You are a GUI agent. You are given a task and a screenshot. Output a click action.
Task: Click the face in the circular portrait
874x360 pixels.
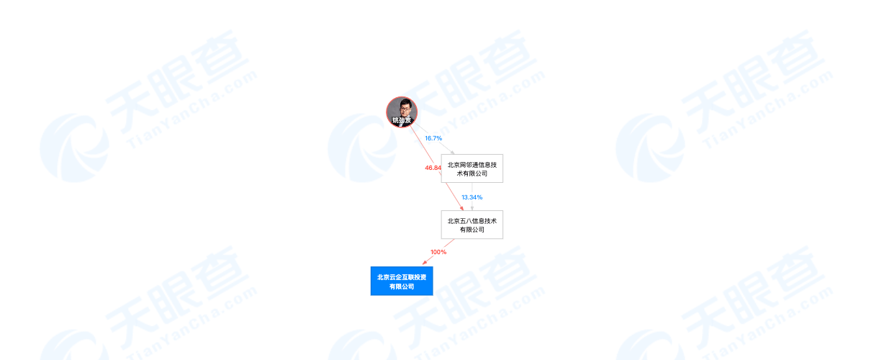coord(402,110)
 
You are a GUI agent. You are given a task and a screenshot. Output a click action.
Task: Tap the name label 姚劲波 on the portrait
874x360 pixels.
coord(402,120)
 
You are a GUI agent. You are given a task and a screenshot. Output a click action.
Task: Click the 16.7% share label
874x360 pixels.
coord(433,138)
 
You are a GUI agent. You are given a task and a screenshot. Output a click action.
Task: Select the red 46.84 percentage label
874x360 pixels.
coord(433,168)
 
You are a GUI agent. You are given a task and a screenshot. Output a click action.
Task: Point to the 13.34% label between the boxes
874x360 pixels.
coord(472,197)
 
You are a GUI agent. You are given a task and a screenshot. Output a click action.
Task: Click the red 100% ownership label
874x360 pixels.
coord(438,252)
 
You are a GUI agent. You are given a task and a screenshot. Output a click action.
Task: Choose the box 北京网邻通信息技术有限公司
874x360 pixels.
coord(472,168)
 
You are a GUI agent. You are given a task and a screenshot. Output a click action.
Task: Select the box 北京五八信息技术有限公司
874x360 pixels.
coord(472,225)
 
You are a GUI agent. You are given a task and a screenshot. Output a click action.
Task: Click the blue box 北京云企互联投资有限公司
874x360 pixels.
coord(402,281)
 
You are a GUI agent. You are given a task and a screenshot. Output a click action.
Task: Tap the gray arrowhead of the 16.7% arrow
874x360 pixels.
coord(451,151)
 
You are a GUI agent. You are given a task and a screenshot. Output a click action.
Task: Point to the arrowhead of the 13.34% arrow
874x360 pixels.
coord(472,208)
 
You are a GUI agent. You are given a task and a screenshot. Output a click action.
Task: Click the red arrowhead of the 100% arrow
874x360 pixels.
coord(425,264)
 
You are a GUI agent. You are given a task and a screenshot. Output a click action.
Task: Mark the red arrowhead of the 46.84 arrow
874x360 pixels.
coord(461,208)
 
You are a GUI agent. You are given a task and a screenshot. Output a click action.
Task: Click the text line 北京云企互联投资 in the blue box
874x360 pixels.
coord(402,276)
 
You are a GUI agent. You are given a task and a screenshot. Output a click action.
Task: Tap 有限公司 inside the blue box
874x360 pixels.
coord(402,287)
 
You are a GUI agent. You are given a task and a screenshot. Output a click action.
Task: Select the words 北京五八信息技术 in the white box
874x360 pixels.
coord(472,220)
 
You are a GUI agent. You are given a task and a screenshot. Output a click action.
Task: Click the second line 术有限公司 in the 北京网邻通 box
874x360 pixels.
coord(472,174)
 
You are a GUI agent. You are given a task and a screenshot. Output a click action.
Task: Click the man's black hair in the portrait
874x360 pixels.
coord(402,102)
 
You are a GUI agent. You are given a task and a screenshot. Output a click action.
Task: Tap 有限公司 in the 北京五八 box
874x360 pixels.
coord(472,230)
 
